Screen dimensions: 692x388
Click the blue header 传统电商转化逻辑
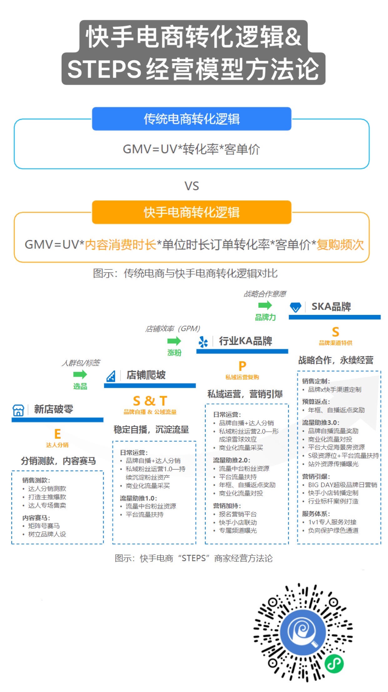[x=191, y=119]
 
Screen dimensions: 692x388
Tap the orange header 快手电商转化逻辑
[x=191, y=212]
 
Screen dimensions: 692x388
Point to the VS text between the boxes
[x=191, y=186]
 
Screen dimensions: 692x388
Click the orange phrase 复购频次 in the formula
[x=340, y=245]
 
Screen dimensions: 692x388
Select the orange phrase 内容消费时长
[x=120, y=245]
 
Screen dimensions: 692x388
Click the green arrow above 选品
[x=80, y=374]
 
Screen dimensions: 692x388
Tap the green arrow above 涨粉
[x=174, y=341]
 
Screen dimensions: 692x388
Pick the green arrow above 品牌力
[x=265, y=305]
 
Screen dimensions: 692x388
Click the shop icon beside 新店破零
[x=18, y=410]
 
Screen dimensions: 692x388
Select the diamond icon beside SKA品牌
[x=295, y=307]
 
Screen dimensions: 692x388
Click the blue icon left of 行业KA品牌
[x=203, y=342]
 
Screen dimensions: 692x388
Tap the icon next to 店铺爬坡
[x=111, y=376]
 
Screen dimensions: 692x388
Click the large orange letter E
[x=57, y=434]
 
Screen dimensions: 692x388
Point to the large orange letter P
[x=242, y=366]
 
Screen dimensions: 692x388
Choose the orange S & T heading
[x=150, y=401]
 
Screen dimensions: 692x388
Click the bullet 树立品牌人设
[x=47, y=534]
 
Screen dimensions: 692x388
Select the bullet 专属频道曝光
[x=238, y=530]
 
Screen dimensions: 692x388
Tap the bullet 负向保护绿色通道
[x=333, y=530]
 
